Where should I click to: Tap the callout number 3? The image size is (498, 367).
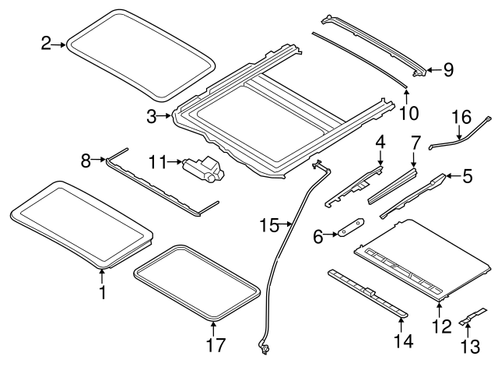153,118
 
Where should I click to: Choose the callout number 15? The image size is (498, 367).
269,225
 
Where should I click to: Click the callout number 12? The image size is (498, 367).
441,326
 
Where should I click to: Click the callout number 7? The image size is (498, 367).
415,143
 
